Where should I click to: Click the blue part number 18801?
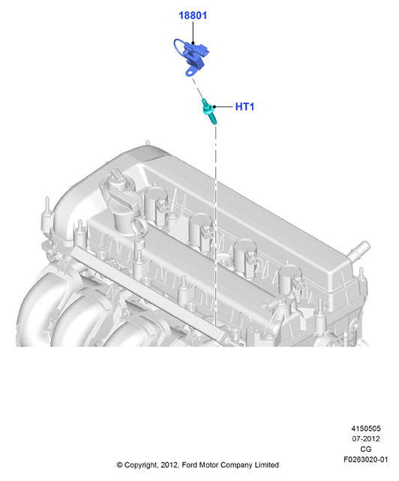(193, 15)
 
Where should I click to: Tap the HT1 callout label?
(244, 106)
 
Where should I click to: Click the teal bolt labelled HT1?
(208, 111)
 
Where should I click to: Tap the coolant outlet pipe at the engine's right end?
(358, 249)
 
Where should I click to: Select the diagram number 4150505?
(365, 429)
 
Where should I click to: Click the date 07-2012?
(365, 438)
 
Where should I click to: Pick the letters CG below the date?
(365, 449)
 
